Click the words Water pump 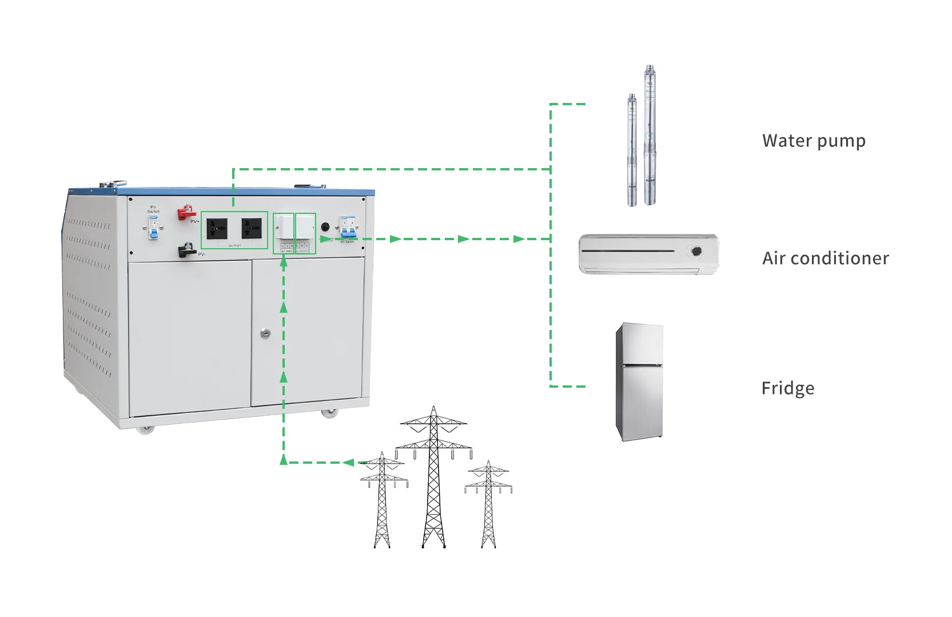(x=813, y=141)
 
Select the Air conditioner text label (x=825, y=258)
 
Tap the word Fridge (x=787, y=388)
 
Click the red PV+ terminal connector (x=186, y=213)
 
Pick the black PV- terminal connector (x=186, y=250)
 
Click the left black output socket (x=217, y=229)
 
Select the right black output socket (x=252, y=229)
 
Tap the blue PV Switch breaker (x=153, y=229)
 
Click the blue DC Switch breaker (x=348, y=229)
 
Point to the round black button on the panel (x=325, y=227)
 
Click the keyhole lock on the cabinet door (x=265, y=333)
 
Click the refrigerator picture (x=639, y=381)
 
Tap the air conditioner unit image (x=648, y=254)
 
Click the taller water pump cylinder (x=650, y=137)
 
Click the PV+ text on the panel (x=195, y=221)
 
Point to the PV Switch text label (x=153, y=209)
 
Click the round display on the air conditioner (x=696, y=250)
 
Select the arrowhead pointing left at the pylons (x=349, y=462)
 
